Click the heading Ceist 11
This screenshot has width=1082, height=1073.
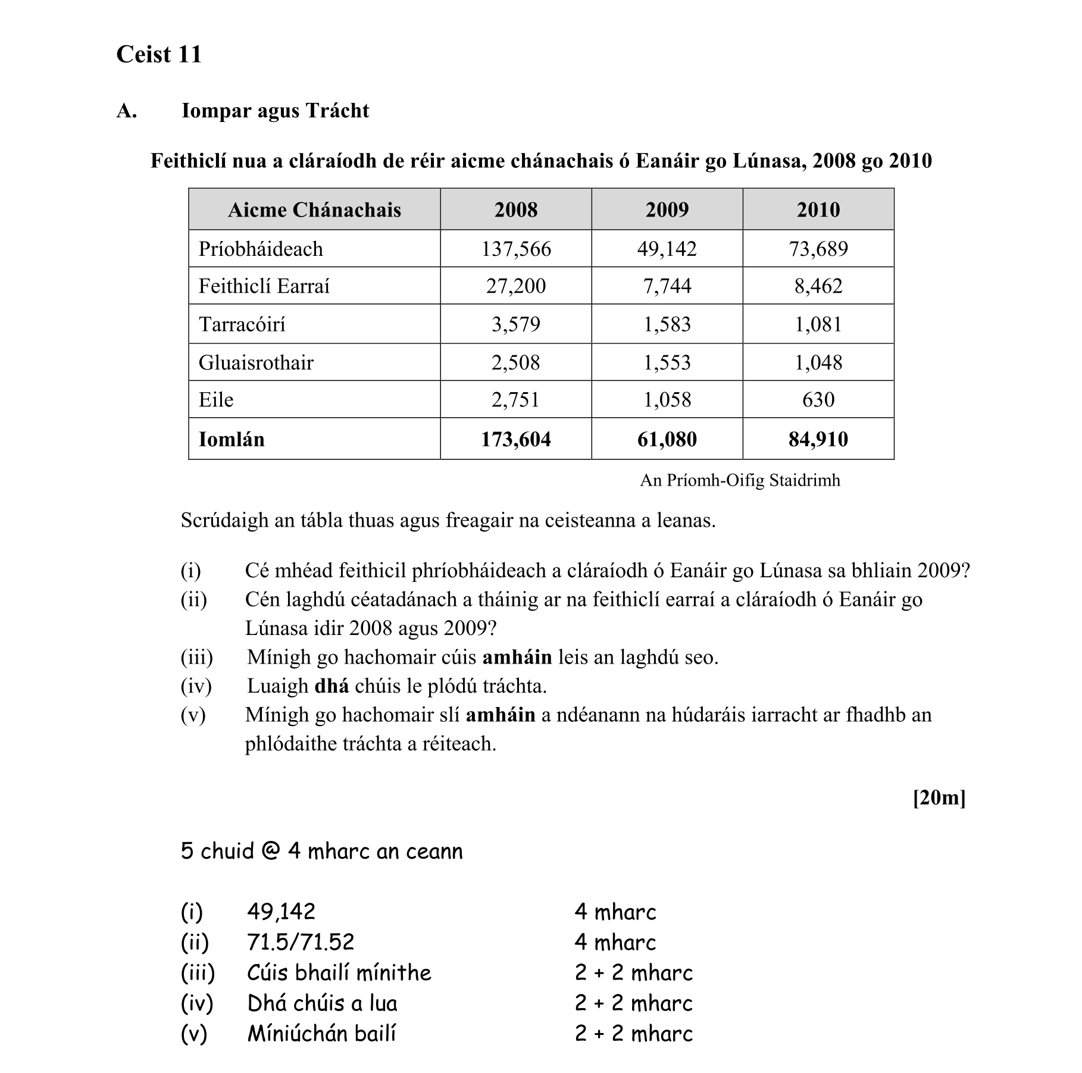tap(159, 54)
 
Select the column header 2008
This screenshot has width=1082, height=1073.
tap(515, 209)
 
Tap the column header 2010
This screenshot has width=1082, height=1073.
tap(818, 209)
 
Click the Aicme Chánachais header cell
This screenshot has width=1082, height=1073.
tap(314, 209)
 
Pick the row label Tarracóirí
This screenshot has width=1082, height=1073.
tap(242, 324)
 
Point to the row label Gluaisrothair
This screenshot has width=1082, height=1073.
tap(256, 362)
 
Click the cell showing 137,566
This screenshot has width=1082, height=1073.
tap(515, 249)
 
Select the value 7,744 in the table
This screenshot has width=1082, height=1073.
tap(667, 286)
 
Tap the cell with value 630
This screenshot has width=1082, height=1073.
tap(818, 399)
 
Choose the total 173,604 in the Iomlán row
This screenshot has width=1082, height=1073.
tap(515, 439)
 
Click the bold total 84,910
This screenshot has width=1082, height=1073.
tap(818, 439)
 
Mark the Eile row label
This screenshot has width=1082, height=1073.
tap(216, 399)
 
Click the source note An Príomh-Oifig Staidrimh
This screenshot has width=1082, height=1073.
tap(740, 480)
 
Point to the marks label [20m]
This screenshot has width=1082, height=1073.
tap(939, 797)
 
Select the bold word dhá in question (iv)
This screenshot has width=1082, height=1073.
tap(331, 686)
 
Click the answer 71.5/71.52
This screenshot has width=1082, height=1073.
tap(301, 942)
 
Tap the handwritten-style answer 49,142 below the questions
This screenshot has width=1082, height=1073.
tap(281, 912)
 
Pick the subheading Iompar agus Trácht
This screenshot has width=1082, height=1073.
tap(275, 111)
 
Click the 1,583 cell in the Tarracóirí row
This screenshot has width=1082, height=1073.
tap(667, 324)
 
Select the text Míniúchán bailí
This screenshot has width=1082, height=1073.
tap(321, 1034)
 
